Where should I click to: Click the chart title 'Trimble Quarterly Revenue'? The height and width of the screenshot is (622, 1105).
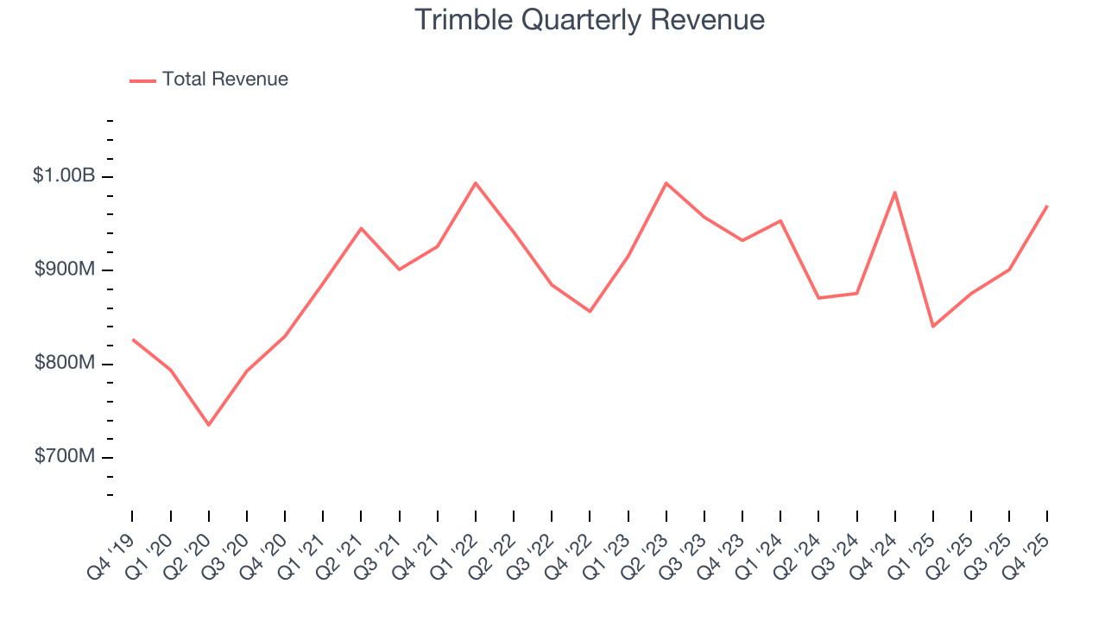click(590, 21)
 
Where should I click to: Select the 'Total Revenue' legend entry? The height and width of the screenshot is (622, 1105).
click(224, 79)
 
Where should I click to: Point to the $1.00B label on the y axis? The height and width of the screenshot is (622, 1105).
click(64, 175)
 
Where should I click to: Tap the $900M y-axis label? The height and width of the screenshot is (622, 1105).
click(64, 270)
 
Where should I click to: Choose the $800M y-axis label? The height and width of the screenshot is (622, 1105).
click(64, 363)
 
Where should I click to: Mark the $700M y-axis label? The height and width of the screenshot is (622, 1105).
click(64, 456)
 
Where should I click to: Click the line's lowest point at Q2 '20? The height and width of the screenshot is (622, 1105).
click(209, 424)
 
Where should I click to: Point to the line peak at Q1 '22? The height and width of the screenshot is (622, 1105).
click(476, 183)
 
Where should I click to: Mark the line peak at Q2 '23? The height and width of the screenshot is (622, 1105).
click(666, 183)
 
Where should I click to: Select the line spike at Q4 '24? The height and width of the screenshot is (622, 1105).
click(895, 192)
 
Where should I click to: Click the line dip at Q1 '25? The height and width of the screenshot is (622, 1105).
click(933, 326)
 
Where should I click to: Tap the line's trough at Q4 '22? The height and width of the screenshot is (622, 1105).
click(590, 311)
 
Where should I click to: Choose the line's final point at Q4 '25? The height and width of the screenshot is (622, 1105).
click(1047, 206)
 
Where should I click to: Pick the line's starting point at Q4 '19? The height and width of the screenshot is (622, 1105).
click(133, 340)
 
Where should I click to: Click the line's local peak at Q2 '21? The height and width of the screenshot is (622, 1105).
click(361, 228)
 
